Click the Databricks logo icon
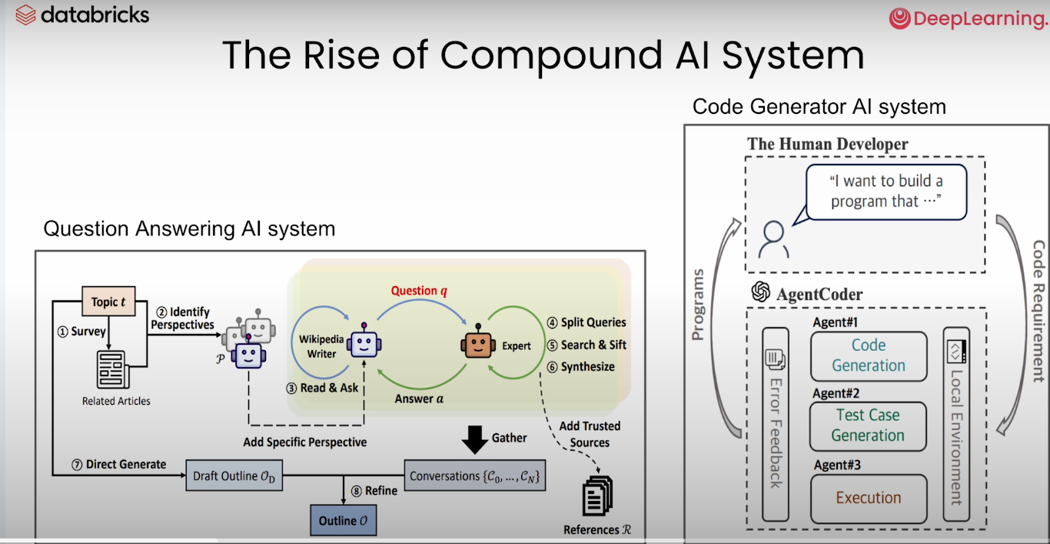[25, 15]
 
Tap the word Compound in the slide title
[550, 55]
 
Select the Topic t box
[108, 302]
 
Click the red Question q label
[418, 291]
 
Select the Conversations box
[475, 476]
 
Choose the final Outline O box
[343, 521]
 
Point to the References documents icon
[597, 496]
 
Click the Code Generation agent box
[869, 355]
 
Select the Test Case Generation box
[869, 426]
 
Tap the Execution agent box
[869, 498]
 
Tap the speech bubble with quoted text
[886, 192]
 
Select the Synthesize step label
[587, 367]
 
